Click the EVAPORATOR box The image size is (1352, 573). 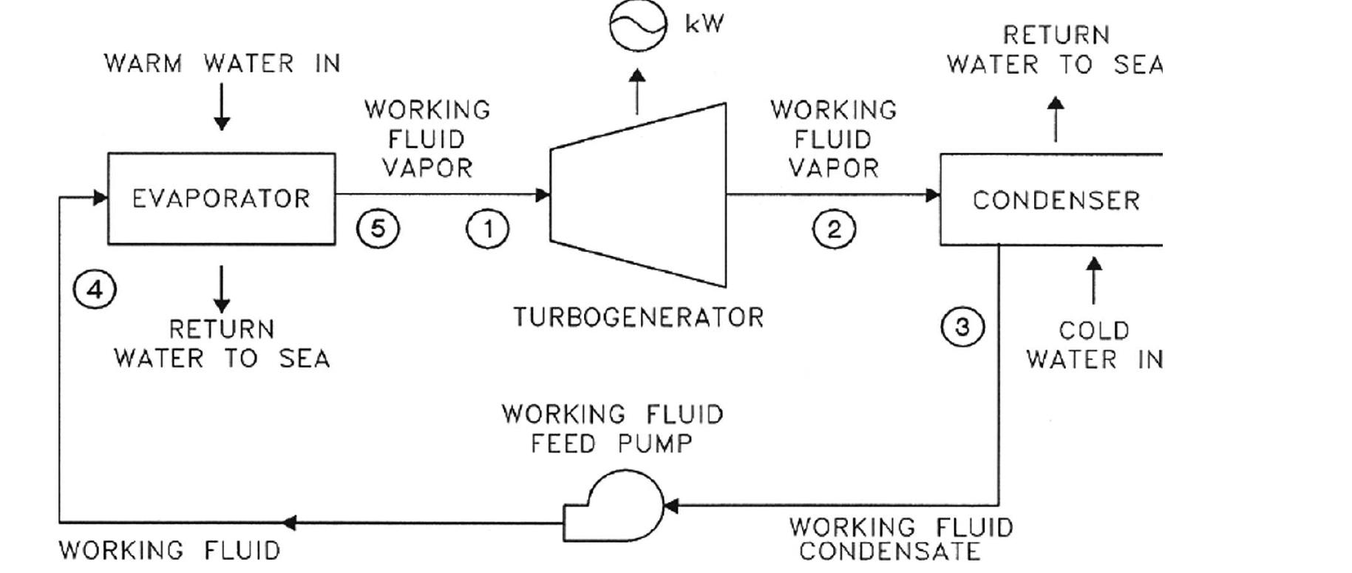click(221, 198)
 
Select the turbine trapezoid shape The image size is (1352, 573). click(638, 195)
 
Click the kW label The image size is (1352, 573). click(704, 24)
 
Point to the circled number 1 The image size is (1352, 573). click(487, 228)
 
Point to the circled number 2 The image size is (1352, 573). click(834, 229)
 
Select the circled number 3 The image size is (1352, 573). click(962, 327)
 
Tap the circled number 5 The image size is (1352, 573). click(378, 228)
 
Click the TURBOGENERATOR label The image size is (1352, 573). click(638, 318)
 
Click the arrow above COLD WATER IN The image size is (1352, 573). click(1093, 280)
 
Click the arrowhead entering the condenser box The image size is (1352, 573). click(932, 195)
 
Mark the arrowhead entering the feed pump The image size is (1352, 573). click(670, 506)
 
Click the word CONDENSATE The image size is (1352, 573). click(889, 552)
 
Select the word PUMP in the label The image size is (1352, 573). click(655, 444)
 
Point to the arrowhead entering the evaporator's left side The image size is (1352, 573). click(100, 197)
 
